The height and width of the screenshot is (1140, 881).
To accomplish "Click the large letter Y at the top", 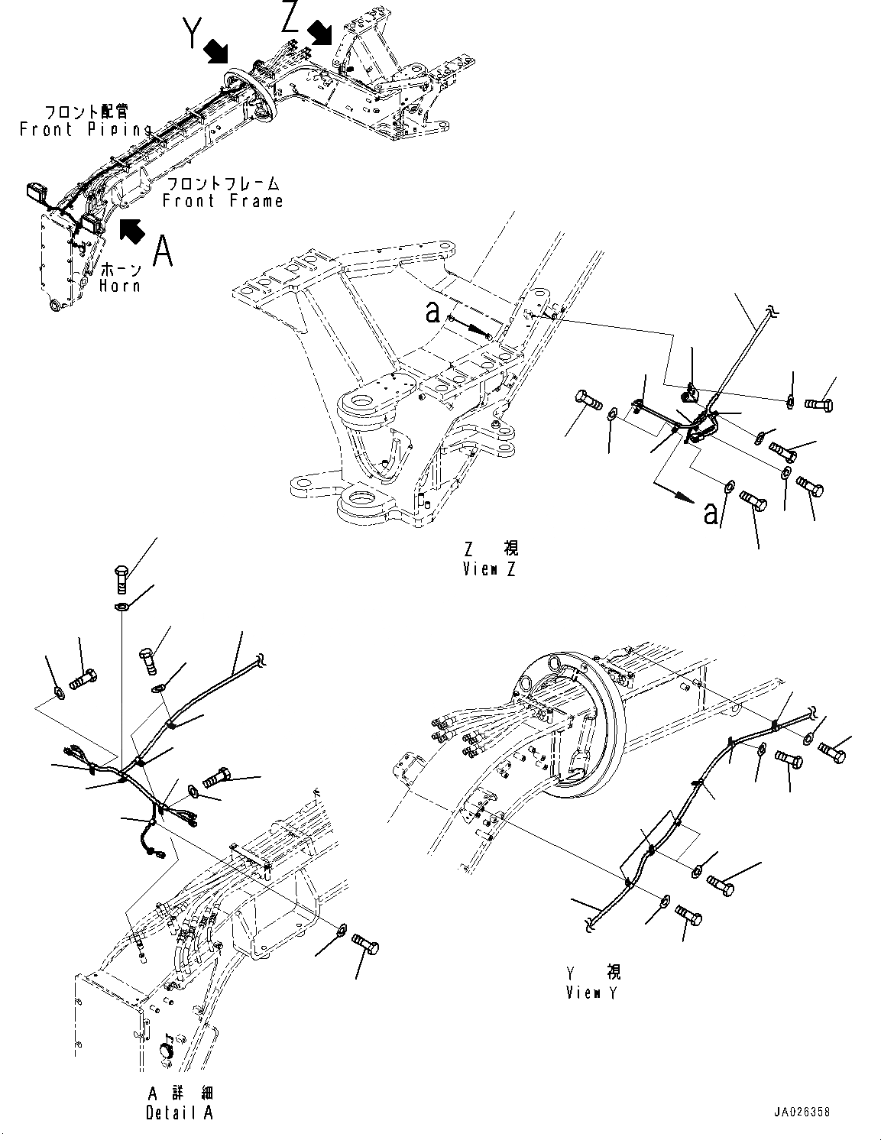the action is coord(193,32).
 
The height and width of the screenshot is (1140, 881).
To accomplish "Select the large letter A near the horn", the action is coord(163,251).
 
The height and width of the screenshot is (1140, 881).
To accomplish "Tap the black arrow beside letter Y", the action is coord(216,52).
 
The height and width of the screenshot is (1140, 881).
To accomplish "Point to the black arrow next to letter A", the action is coord(131,231).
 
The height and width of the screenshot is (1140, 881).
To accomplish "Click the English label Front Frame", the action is coord(222,201).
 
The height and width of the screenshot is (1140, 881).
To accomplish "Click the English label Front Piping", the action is coord(86,129).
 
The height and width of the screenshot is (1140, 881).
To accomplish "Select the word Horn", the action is coord(119,286).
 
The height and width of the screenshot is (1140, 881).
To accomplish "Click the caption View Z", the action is coord(489,569).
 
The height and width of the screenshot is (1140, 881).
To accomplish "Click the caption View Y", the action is coord(591,993).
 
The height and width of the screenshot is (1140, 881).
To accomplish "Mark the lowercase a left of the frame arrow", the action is coord(432,313).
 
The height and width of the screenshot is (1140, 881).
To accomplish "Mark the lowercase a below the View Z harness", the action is coord(710,513).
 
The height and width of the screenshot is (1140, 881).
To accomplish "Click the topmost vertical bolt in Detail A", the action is coord(120,579).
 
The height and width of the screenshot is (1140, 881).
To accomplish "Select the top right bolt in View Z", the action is coord(819,404).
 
